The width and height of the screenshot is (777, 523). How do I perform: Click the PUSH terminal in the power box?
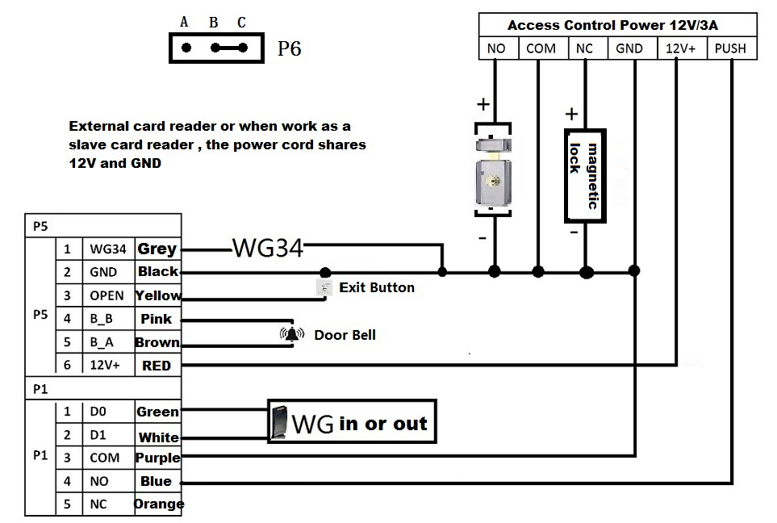click(730, 48)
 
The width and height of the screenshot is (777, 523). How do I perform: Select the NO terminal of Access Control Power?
click(496, 48)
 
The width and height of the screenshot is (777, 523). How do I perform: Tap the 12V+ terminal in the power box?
click(681, 48)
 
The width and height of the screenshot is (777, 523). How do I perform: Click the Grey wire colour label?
click(157, 249)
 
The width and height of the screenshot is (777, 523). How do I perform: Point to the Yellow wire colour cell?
click(158, 295)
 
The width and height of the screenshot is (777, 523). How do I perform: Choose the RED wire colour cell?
click(157, 366)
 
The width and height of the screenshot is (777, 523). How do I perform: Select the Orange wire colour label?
click(159, 504)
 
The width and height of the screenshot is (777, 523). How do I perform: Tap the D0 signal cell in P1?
click(98, 412)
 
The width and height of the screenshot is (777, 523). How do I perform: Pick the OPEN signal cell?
click(107, 295)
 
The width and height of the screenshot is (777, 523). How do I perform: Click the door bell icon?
click(291, 334)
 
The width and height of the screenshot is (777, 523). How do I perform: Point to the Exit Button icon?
click(324, 287)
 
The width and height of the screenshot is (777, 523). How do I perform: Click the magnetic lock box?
click(585, 175)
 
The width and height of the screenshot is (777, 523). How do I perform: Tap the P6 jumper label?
click(289, 49)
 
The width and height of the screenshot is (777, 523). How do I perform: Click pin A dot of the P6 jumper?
click(186, 48)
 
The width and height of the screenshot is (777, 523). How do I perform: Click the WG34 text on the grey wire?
click(268, 248)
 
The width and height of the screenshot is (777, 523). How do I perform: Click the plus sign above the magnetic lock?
click(571, 114)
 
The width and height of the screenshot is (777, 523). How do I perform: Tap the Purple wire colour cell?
click(157, 458)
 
